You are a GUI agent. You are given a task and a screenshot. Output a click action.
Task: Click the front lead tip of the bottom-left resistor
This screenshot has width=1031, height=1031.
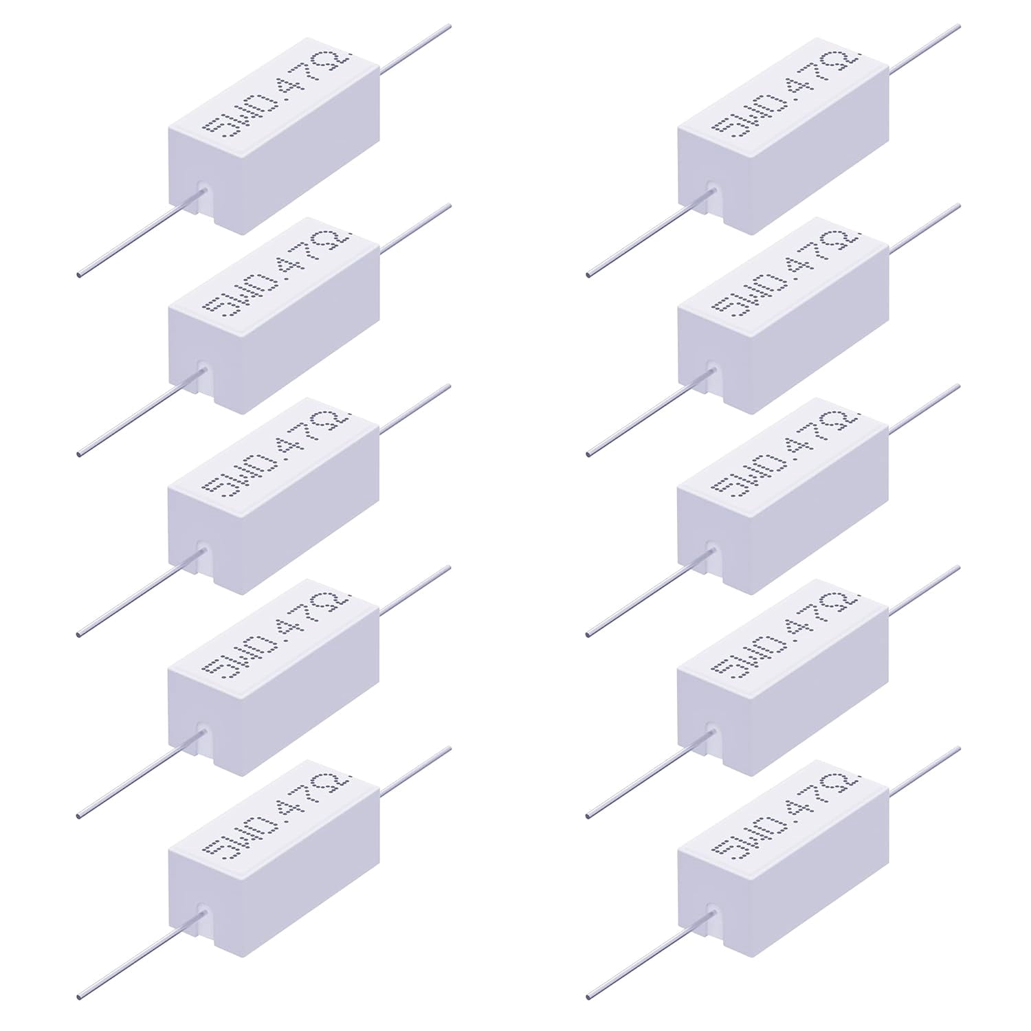coord(79,996)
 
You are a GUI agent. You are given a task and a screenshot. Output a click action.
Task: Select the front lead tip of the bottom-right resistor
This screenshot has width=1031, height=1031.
coord(589,996)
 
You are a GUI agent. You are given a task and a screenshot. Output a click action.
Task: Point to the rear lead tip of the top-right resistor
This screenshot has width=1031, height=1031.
coord(958,26)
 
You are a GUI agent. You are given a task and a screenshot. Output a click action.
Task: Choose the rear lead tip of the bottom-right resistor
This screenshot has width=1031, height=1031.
coord(958,749)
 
